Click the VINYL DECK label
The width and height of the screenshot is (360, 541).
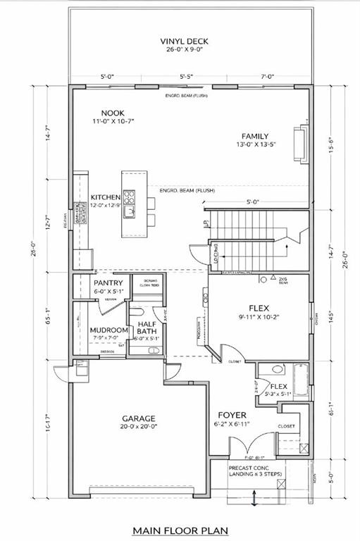pyautogui.click(x=184, y=42)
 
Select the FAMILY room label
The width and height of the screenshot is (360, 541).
pyautogui.click(x=255, y=136)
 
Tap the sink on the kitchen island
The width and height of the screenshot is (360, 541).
pyautogui.click(x=129, y=209)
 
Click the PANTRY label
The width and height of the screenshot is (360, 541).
pyautogui.click(x=108, y=282)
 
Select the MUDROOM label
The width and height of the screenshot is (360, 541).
pyautogui.click(x=108, y=330)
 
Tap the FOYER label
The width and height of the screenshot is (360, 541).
pyautogui.click(x=231, y=415)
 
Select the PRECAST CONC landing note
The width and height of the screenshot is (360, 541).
pyautogui.click(x=257, y=470)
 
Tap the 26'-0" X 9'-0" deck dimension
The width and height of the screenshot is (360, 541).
pyautogui.click(x=184, y=51)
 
